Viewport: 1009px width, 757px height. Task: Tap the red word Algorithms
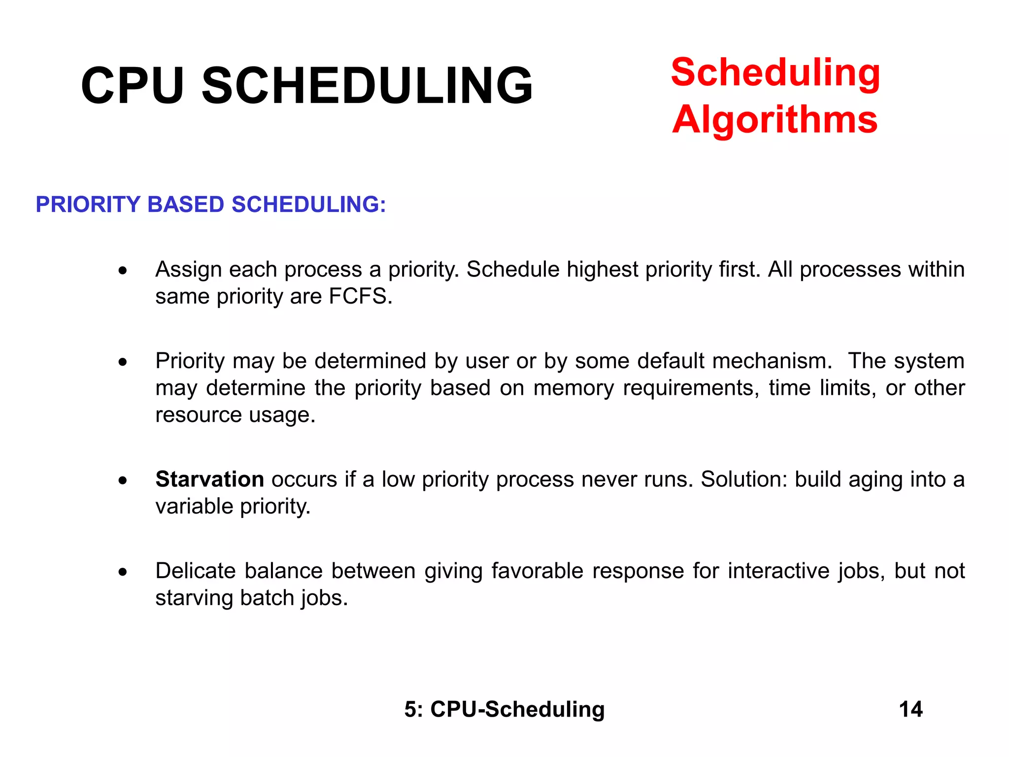[774, 120]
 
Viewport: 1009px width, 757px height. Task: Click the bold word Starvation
[210, 480]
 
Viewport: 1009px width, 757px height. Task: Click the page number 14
[910, 709]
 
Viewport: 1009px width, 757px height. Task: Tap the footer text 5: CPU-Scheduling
[504, 709]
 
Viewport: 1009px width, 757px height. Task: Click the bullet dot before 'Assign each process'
[123, 271]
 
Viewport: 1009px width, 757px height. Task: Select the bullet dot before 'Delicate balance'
[123, 572]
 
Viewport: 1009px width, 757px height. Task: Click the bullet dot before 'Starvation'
[123, 481]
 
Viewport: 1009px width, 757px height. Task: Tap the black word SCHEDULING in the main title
[367, 86]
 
